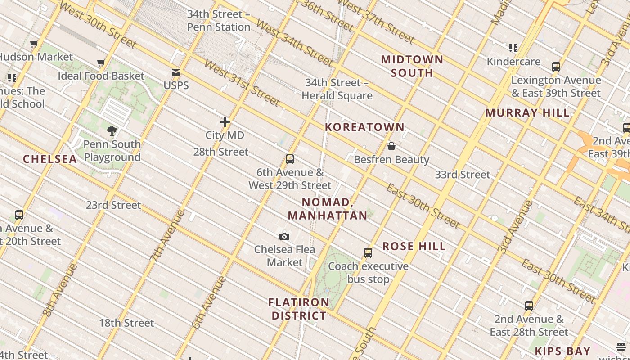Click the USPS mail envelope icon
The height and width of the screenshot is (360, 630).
175,72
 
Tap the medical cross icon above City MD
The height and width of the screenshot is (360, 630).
225,122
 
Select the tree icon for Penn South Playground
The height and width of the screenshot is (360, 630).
112,131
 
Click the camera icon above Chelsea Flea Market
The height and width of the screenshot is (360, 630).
284,236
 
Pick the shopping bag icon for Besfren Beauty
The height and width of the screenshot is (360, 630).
391,146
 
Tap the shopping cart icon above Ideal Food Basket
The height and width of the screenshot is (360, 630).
101,63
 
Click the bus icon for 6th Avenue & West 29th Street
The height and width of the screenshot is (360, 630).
290,159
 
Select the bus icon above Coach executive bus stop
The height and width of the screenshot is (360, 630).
368,253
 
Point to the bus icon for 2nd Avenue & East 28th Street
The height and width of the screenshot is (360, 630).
529,306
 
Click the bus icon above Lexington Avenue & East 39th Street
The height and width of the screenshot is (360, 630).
556,67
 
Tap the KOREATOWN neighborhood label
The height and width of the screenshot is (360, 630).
365,127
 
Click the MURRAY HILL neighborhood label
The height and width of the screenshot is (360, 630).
527,113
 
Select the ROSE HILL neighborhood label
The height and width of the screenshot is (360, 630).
414,247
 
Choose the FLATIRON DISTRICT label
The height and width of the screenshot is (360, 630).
299,309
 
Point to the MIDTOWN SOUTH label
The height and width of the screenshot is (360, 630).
412,66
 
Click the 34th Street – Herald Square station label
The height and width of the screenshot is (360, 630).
337,89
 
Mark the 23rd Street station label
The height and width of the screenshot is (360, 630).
113,205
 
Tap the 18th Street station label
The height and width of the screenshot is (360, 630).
126,323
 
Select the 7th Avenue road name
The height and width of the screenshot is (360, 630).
167,235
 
